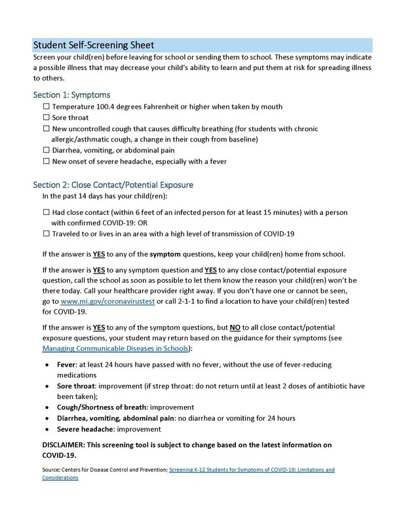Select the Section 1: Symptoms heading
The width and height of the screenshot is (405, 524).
pyautogui.click(x=72, y=95)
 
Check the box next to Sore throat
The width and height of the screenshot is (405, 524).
pyautogui.click(x=45, y=117)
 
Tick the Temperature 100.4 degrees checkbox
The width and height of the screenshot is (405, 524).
pyautogui.click(x=45, y=106)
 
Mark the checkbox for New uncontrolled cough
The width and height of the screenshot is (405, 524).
pyautogui.click(x=45, y=128)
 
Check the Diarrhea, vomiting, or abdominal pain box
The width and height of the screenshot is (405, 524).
pyautogui.click(x=45, y=150)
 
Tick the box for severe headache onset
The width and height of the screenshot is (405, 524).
pyautogui.click(x=45, y=161)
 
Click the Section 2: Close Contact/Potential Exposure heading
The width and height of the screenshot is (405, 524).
pyautogui.click(x=112, y=185)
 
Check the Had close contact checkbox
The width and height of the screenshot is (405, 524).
pyautogui.click(x=45, y=212)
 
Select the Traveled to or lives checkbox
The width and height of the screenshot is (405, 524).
pyautogui.click(x=45, y=233)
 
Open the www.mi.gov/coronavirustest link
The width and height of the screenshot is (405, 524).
pyautogui.click(x=108, y=300)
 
